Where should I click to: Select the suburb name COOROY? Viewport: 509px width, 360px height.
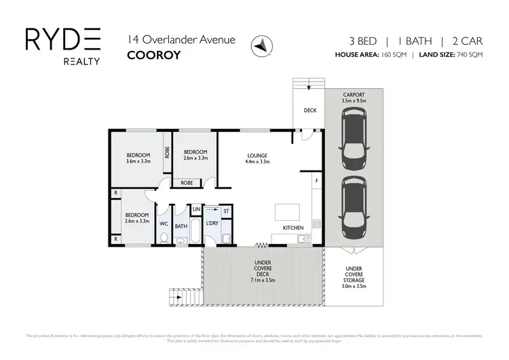click(153, 55)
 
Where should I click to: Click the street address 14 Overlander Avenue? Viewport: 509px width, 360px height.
click(181, 39)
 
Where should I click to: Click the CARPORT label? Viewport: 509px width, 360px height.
click(354, 94)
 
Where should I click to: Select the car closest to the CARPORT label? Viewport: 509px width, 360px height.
click(354, 142)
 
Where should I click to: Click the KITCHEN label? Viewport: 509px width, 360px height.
click(293, 228)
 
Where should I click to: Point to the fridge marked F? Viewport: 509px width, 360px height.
click(316, 182)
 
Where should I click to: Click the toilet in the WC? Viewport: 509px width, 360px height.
click(164, 237)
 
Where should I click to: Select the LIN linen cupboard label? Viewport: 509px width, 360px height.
click(195, 209)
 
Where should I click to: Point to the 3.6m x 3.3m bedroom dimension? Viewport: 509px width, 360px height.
click(138, 162)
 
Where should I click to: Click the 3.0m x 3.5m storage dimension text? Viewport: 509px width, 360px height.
click(354, 287)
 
